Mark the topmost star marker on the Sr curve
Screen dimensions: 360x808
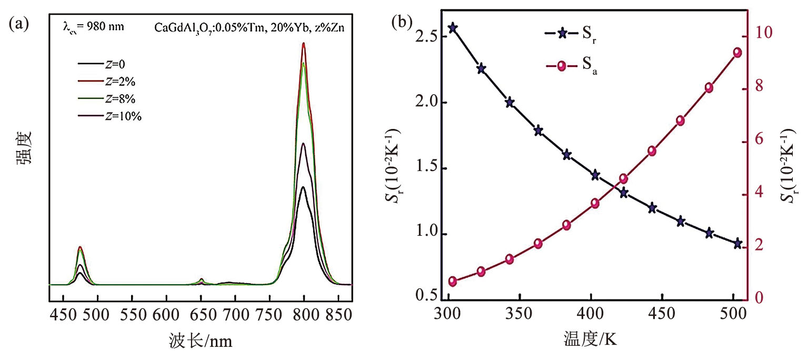[452, 28]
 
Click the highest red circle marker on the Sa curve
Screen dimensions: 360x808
[737, 52]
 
